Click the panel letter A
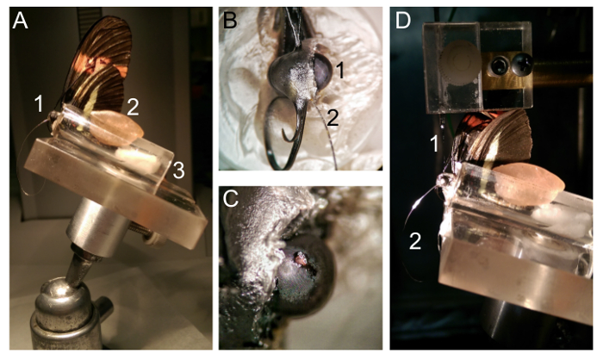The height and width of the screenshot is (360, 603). coord(21,22)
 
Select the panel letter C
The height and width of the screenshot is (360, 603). coord(231,200)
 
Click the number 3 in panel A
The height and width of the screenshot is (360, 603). coord(179,171)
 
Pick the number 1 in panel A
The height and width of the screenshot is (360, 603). coord(39,104)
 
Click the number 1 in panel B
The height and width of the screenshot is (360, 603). coord(339,71)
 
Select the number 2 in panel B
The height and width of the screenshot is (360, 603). coord(333,118)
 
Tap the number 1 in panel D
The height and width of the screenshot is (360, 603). coord(434,144)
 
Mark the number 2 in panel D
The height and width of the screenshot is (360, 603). coord(415,241)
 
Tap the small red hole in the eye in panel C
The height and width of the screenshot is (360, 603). coord(301,258)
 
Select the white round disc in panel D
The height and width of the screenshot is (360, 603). coord(460,64)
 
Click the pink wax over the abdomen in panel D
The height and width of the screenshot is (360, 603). coord(529,184)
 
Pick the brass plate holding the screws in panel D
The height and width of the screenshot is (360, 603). coord(507,71)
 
